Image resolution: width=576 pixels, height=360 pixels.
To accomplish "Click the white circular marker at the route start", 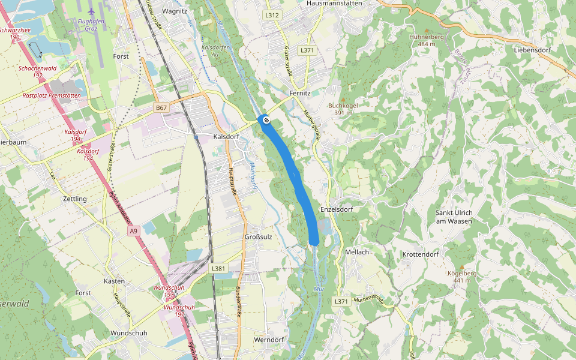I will (x=266, y=119).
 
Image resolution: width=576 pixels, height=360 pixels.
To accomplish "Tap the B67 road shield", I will (x=160, y=107).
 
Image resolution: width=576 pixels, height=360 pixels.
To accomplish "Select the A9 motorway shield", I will (x=133, y=230).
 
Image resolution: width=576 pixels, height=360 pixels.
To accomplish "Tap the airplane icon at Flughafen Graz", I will (x=91, y=11).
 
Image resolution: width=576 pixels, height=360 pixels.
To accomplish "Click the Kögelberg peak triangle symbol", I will (x=461, y=266).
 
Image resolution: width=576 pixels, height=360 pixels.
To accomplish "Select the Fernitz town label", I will (x=299, y=94).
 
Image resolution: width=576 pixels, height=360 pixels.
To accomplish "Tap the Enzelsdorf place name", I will (x=336, y=209).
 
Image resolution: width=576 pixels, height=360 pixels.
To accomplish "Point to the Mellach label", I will (x=357, y=252).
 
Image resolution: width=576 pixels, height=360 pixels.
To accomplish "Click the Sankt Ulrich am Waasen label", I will (x=454, y=217).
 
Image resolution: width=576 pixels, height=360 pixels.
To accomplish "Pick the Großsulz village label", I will (x=259, y=236).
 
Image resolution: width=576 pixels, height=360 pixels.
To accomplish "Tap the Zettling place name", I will (x=75, y=198).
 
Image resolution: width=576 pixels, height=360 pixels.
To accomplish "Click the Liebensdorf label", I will (x=532, y=50).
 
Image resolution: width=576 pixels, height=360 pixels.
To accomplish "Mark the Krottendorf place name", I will (x=421, y=254).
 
